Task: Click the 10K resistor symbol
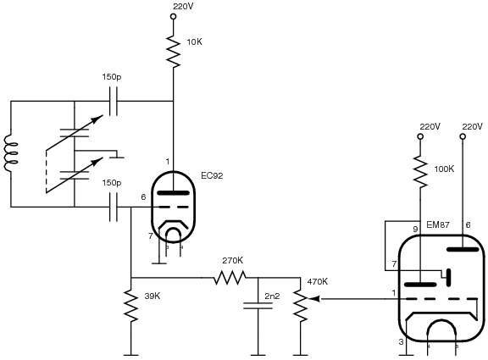click(174, 52)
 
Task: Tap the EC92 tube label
click(212, 176)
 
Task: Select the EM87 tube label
click(438, 224)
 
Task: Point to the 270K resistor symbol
click(230, 278)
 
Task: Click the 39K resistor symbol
click(131, 306)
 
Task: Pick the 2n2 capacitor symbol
click(258, 306)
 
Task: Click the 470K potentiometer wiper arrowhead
click(314, 299)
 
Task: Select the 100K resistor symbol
click(420, 172)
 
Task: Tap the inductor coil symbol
click(10, 153)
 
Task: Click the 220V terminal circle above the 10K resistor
click(174, 16)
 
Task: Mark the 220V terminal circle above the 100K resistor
click(420, 136)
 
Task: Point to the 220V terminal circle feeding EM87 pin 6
click(463, 136)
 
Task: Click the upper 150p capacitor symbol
click(114, 101)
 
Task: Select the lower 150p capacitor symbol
click(114, 207)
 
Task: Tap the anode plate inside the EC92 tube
click(174, 193)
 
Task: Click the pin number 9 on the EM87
click(415, 230)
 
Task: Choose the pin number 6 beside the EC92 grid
click(143, 197)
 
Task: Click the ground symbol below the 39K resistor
click(131, 355)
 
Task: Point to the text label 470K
click(318, 281)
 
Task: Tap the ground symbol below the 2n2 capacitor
click(258, 355)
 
